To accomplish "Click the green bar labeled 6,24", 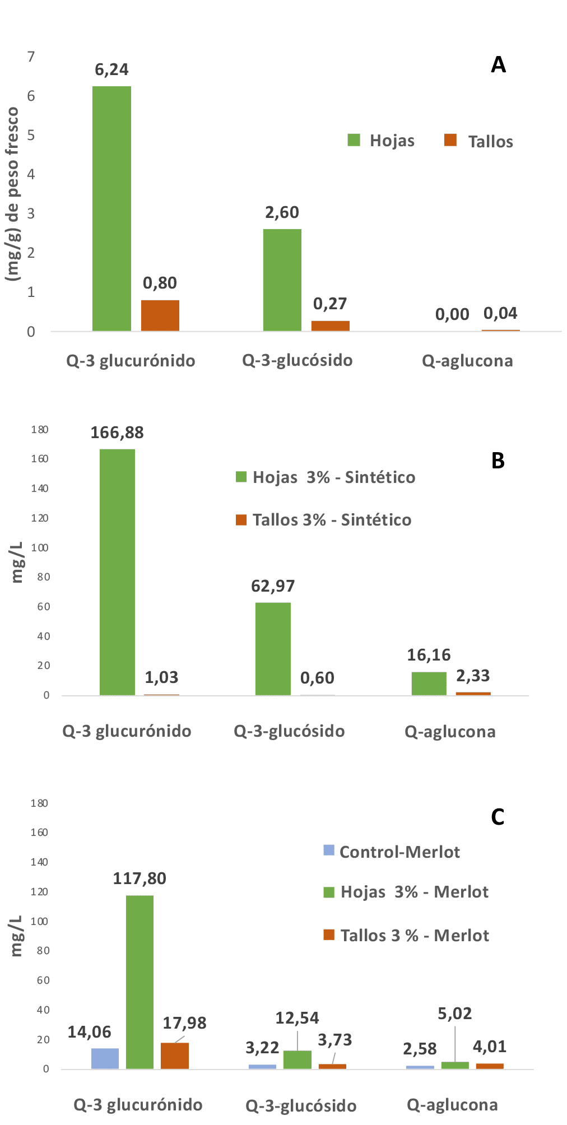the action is tap(111, 208).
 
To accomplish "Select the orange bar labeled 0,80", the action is tap(160, 315).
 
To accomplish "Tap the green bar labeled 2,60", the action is tap(282, 280).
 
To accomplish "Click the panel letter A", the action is tap(498, 65).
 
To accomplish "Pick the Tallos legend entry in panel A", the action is tap(478, 141).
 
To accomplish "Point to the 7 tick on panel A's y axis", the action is tap(31, 57).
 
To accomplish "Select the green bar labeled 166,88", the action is tap(117, 572).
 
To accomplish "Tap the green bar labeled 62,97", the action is tap(273, 649).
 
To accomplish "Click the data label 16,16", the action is tap(429, 654).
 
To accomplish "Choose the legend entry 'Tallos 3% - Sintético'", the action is tap(324, 520).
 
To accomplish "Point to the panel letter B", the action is tap(498, 461).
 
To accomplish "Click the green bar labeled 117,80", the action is tap(140, 982).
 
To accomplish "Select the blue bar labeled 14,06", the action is tap(105, 1058).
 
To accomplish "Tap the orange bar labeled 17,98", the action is tap(175, 1056).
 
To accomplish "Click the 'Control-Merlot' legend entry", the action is tap(392, 852).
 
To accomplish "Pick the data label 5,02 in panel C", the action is tap(454, 1013).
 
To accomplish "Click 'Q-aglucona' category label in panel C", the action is tap(452, 1105).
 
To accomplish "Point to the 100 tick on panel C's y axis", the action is tap(39, 921).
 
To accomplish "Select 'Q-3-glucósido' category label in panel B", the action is tap(289, 731).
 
